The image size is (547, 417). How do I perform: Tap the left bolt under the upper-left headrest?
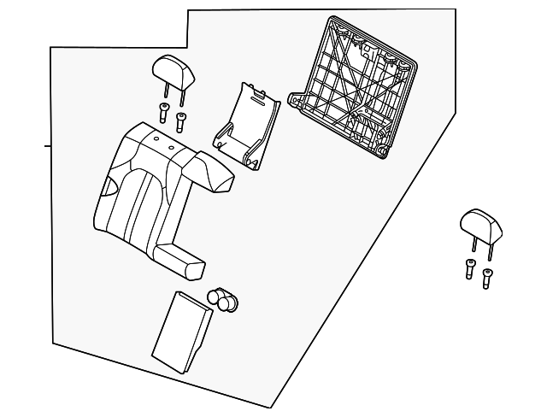point(163,111)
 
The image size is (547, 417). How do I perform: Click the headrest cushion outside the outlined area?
point(480,223)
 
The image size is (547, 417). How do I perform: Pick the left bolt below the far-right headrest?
point(470,267)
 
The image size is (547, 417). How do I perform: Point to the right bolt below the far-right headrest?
point(487,277)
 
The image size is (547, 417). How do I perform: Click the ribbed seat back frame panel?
point(359,85)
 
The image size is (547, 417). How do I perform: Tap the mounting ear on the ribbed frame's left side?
point(297,100)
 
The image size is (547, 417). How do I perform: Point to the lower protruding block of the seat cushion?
point(182,261)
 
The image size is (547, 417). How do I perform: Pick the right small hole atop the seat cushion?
point(171,147)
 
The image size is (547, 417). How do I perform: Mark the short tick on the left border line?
point(48,146)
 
